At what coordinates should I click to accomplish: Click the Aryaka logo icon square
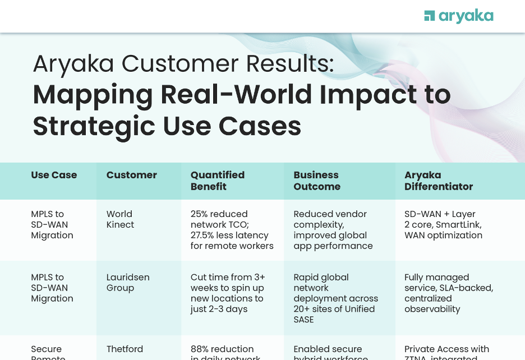pyautogui.click(x=430, y=16)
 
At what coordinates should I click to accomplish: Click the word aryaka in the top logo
pyautogui.click(x=466, y=16)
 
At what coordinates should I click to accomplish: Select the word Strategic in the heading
pyautogui.click(x=94, y=126)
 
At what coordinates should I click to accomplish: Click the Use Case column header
pyautogui.click(x=54, y=175)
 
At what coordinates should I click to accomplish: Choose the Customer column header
pyautogui.click(x=132, y=175)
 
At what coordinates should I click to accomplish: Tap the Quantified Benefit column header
pyautogui.click(x=218, y=181)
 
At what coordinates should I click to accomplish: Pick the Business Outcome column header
pyautogui.click(x=317, y=181)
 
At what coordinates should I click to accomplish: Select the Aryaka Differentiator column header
pyautogui.click(x=439, y=181)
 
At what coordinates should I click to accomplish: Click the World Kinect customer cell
pyautogui.click(x=120, y=219)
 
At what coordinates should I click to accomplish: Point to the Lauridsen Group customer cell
pyautogui.click(x=128, y=283)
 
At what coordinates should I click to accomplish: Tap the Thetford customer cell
pyautogui.click(x=125, y=349)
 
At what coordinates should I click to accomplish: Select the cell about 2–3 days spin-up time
pyautogui.click(x=228, y=293)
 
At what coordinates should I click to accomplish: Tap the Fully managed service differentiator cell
pyautogui.click(x=448, y=293)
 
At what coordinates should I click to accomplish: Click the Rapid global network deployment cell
pyautogui.click(x=335, y=298)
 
